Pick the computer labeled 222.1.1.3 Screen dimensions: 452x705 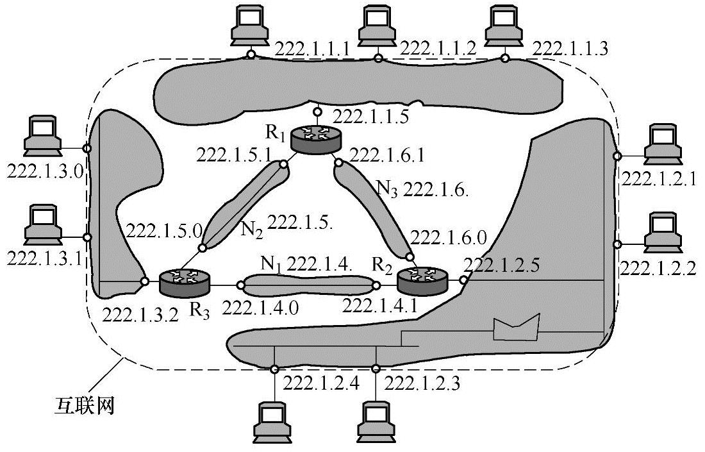(505, 26)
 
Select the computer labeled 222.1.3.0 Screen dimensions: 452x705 (42, 135)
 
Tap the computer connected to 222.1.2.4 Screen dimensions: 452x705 (274, 420)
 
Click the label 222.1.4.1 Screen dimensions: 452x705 (380, 306)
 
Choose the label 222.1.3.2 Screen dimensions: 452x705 (139, 315)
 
